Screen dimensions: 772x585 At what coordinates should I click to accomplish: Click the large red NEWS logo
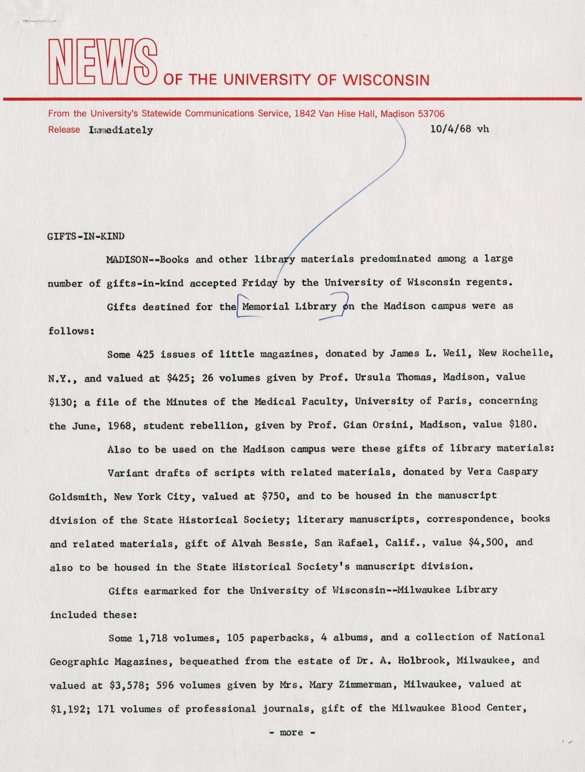tap(102, 62)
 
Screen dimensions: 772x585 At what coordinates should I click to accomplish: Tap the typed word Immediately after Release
tap(121, 130)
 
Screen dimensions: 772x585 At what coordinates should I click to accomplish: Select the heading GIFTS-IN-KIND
tap(86, 236)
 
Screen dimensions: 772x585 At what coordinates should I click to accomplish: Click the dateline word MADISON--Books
tap(148, 260)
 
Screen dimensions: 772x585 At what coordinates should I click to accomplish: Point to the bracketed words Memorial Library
tap(289, 307)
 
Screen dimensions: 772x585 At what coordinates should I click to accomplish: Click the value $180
tap(523, 424)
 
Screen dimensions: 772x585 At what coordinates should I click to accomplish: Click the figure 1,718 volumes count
tap(150, 638)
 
